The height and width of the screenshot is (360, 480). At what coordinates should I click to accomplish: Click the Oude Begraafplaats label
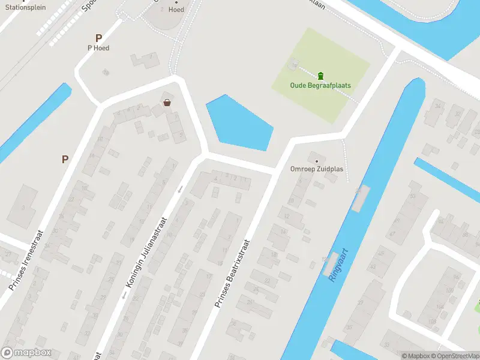click(320, 86)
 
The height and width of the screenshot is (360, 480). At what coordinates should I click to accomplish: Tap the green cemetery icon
click(320, 75)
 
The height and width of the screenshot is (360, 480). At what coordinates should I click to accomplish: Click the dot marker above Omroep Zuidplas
click(316, 160)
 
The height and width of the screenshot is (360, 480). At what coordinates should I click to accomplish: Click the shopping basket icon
click(166, 103)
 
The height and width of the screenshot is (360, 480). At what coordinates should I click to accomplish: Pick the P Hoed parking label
click(98, 48)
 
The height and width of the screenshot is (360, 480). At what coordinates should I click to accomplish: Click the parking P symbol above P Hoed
click(98, 38)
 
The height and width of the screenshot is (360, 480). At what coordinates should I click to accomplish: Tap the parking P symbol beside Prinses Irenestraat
click(65, 159)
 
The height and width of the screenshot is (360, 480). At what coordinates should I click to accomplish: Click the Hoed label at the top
click(176, 10)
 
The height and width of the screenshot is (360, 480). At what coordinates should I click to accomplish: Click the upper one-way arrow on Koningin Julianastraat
click(180, 190)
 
